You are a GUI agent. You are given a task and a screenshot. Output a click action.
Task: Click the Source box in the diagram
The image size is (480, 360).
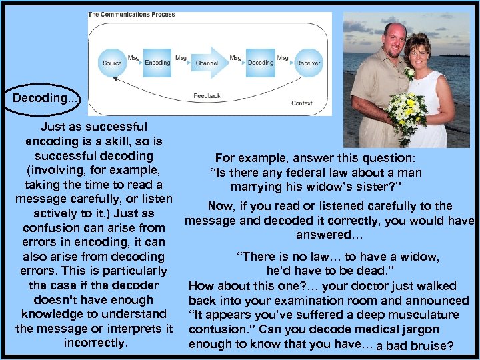click(112, 63)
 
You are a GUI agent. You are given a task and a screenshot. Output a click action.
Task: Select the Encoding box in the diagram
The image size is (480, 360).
click(157, 62)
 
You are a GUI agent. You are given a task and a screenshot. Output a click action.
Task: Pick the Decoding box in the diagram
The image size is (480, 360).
click(260, 63)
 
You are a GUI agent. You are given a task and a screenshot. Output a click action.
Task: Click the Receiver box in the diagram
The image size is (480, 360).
click(307, 63)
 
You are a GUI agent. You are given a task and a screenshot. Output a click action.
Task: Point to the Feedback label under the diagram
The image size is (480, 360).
click(207, 96)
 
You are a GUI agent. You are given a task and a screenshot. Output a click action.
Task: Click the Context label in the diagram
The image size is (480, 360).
click(301, 103)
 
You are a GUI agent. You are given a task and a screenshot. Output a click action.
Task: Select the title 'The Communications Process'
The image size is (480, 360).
click(127, 15)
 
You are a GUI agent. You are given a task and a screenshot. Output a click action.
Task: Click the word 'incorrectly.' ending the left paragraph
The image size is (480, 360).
click(95, 343)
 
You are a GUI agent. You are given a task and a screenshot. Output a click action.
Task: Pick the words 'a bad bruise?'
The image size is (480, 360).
click(415, 346)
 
